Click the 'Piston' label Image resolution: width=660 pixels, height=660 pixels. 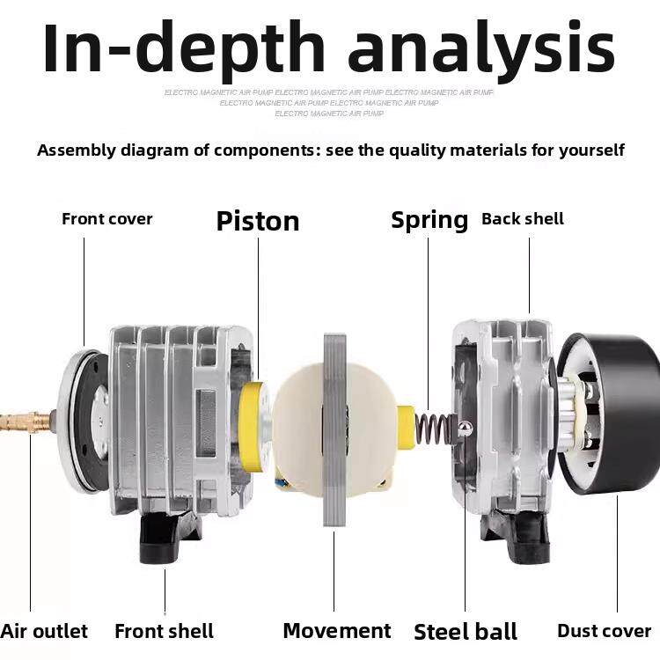coord(258,220)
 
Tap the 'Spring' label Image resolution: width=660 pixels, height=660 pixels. coord(429,219)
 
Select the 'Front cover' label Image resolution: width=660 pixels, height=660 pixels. coord(106,219)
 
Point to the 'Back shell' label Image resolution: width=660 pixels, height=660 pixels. coord(523,219)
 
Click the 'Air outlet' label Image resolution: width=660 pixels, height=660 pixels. coord(44,631)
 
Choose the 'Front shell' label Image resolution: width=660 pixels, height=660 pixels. coord(164,631)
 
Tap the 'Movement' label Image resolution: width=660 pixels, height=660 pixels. coord(336,631)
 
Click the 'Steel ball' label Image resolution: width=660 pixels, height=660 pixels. coord(466,632)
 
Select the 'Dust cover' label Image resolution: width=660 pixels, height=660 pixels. coord(604,631)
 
